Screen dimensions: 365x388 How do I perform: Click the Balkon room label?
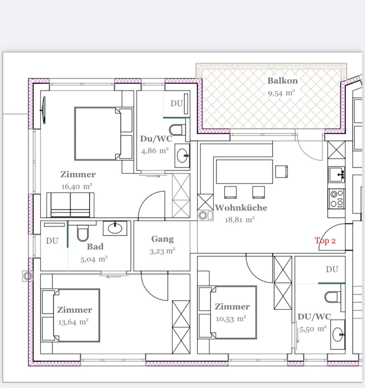pos(283,81)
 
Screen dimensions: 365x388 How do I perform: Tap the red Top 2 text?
pos(325,241)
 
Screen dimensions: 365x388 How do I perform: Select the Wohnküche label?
pos(241,207)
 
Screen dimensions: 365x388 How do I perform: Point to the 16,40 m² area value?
pos(77,186)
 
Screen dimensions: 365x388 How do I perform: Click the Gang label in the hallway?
pos(163,239)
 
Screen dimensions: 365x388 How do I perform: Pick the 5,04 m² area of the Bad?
pos(94,259)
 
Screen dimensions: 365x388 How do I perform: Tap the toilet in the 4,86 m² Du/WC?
pos(177,130)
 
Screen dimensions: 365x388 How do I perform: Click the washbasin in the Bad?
pos(115,228)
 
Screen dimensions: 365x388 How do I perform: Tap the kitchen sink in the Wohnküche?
pos(336,174)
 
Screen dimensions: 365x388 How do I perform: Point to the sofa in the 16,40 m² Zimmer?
pos(70,205)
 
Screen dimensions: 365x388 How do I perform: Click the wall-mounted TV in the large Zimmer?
pos(43,110)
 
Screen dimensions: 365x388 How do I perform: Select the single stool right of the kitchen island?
pos(282,171)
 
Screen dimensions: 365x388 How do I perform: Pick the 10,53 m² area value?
pos(231,319)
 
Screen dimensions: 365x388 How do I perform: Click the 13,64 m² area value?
pos(73,322)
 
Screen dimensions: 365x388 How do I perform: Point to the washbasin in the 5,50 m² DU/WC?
pos(338,334)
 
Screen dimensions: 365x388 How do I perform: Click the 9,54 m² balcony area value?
pos(281,93)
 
